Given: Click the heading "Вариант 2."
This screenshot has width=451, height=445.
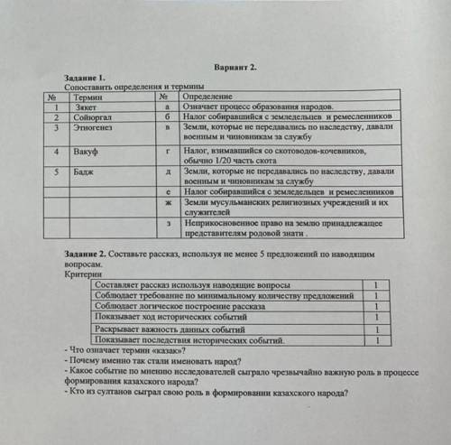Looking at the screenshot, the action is point(237,69).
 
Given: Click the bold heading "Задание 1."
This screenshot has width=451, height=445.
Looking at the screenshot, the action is point(87,79).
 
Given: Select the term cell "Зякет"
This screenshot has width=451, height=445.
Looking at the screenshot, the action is point(87,107).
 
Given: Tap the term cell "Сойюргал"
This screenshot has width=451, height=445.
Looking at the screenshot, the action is point(93,116).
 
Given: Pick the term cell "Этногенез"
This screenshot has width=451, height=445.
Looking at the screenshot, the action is point(94,127).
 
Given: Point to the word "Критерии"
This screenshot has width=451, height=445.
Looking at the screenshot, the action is point(84,276).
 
